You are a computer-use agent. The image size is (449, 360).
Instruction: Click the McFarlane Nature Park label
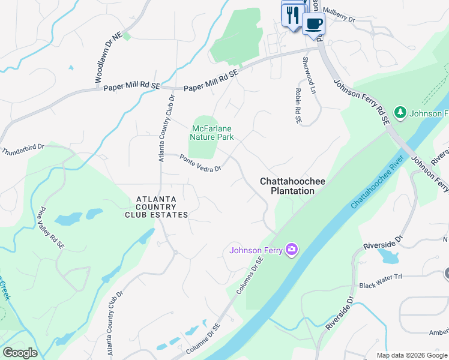(x=212, y=133)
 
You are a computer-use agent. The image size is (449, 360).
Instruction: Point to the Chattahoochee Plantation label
(x=287, y=185)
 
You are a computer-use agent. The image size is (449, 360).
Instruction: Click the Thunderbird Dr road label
(x=23, y=150)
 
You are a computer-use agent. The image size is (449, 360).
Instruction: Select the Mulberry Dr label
(x=339, y=14)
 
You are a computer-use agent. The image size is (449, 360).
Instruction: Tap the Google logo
(x=20, y=352)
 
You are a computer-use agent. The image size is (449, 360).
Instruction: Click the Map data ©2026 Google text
(x=411, y=355)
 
